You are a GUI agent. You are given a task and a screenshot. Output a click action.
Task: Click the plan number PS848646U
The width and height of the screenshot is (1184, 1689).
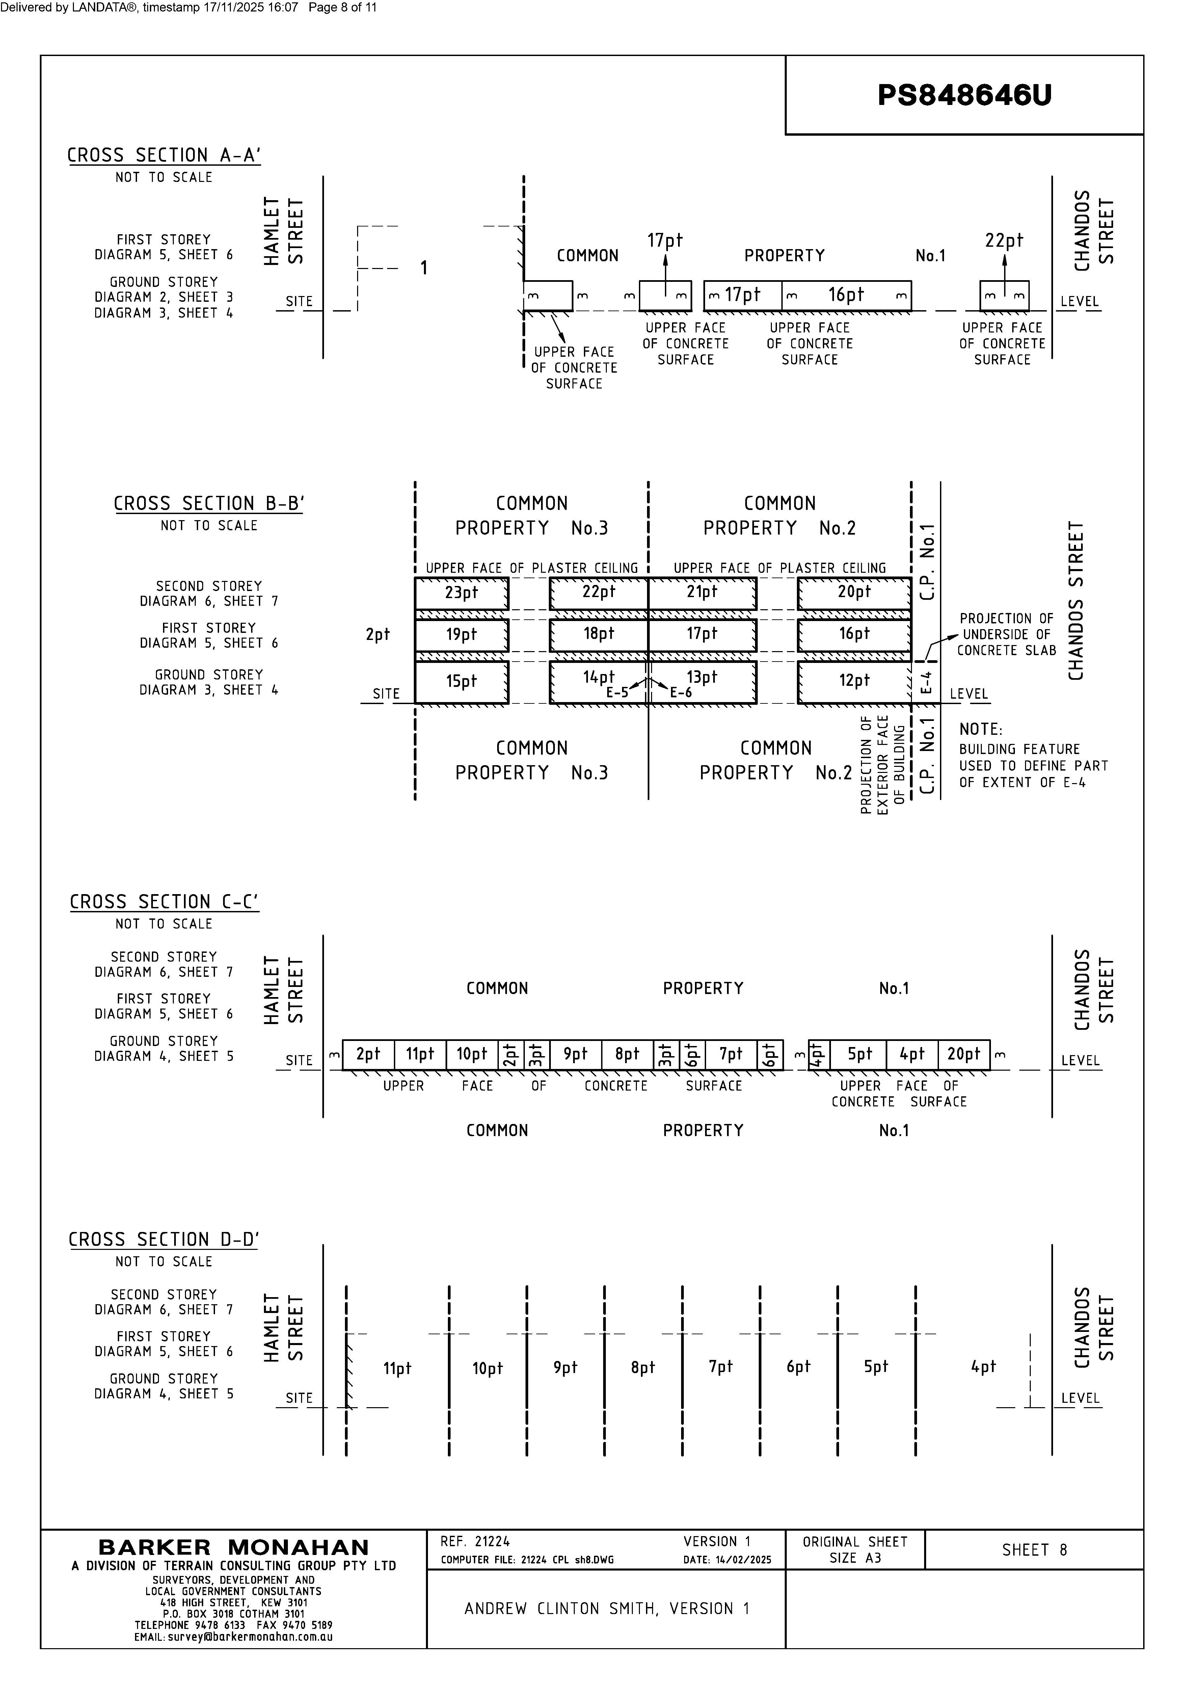tap(964, 95)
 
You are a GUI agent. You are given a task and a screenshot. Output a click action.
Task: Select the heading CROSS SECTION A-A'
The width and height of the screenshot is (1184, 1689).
tap(164, 155)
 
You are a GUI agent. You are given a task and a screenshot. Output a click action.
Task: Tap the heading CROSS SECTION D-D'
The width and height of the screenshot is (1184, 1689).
tap(163, 1239)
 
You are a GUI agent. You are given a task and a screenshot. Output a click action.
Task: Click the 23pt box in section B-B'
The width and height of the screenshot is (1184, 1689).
tap(461, 593)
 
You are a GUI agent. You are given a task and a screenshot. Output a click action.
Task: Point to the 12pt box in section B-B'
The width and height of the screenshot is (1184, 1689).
tap(854, 681)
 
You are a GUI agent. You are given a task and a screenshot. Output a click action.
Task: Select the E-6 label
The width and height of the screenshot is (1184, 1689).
tap(680, 692)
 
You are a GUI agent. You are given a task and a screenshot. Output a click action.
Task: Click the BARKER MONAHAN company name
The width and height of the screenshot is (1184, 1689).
tap(234, 1548)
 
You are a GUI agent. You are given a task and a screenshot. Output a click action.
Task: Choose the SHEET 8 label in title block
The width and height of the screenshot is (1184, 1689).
tap(1034, 1550)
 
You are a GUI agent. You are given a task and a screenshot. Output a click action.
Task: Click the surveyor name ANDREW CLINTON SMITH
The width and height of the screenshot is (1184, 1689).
tap(607, 1609)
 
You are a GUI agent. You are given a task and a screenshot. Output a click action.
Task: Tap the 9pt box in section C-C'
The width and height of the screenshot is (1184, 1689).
tap(575, 1054)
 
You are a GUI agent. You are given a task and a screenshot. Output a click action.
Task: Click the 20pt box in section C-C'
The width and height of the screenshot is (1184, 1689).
tap(963, 1054)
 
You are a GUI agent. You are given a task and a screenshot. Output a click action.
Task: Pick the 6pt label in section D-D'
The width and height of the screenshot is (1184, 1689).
tap(798, 1367)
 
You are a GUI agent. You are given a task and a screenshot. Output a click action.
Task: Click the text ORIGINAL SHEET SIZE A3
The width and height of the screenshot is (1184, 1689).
tap(855, 1549)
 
